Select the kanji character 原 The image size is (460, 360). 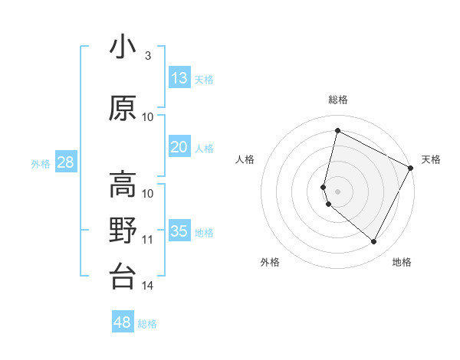[123, 108]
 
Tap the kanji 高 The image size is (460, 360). [123, 185]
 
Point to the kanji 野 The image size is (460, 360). [123, 231]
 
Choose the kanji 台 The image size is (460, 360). [123, 277]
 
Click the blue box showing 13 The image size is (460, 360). [179, 77]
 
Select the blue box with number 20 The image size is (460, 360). [179, 147]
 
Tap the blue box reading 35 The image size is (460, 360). [179, 231]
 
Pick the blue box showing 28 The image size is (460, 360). [65, 162]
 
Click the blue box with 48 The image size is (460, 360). [123, 322]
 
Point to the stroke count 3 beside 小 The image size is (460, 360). [147, 55]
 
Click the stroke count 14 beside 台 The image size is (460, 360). [148, 286]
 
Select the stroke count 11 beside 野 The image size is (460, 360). [148, 240]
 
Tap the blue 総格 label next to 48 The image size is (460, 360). [147, 324]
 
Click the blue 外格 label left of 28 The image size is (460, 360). [41, 163]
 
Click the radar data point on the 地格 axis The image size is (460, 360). [374, 242]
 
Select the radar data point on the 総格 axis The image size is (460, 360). [337, 130]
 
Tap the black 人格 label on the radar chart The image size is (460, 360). [245, 159]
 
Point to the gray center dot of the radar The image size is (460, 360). [337, 191]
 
